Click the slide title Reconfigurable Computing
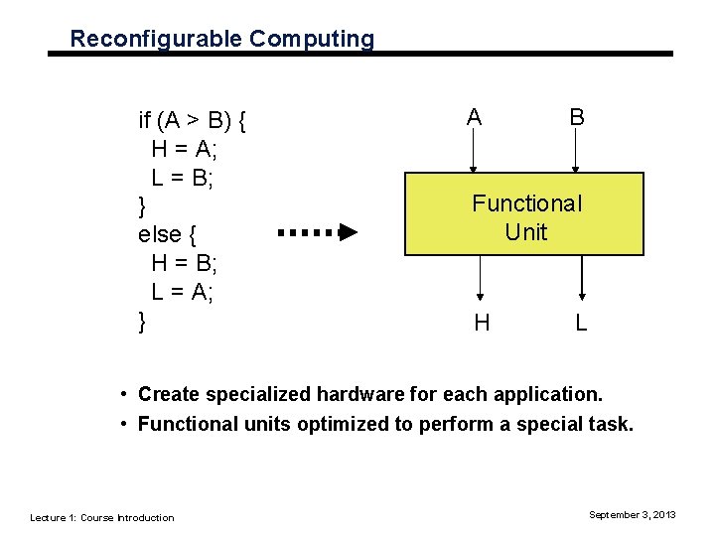coord(222,39)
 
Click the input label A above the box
coord(475,117)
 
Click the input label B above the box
coord(576,117)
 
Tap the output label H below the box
coord(482,322)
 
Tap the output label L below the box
coord(582,322)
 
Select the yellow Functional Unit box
coord(526,214)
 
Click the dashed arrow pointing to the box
coord(318,233)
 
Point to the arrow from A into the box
coord(475,153)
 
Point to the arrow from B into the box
coord(576,153)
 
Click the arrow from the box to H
coord(481,277)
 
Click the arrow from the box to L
coord(582,277)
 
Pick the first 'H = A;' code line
coord(185,149)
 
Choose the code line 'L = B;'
coord(183,178)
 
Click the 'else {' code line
coord(167,235)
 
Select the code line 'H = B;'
coord(185,263)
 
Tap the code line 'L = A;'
coord(183,292)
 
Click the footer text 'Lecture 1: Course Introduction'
coord(102,517)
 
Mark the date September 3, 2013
coord(633,514)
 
